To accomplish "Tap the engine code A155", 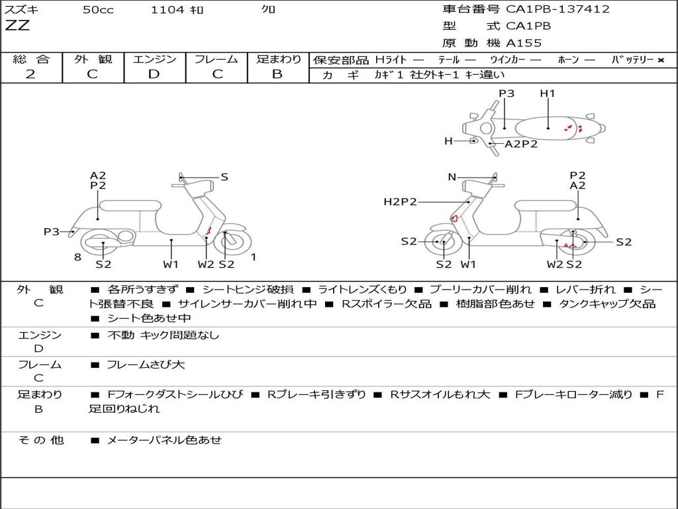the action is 524,43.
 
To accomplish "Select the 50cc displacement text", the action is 98,10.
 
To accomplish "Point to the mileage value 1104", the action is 167,10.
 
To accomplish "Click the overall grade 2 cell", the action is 31,74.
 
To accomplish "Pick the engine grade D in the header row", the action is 154,74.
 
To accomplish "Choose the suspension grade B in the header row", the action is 277,74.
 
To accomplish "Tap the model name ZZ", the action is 17,27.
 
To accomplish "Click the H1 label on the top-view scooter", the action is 548,93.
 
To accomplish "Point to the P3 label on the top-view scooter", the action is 507,93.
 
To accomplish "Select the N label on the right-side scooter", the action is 452,177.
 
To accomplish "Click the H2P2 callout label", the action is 400,202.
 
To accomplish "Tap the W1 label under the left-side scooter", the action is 171,264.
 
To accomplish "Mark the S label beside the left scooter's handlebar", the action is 224,177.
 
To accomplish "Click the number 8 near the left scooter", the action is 77,257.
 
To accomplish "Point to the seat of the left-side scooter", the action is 130,205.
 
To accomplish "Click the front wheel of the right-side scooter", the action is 443,243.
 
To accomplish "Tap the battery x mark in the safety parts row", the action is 661,60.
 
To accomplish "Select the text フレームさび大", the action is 146,365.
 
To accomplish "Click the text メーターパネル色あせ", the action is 164,439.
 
